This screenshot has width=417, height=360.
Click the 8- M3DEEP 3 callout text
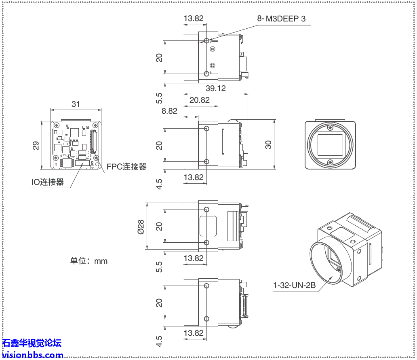(x=282, y=19)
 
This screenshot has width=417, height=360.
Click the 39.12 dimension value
(x=216, y=88)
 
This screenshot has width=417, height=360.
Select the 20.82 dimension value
(x=200, y=100)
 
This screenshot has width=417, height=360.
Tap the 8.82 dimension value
(x=169, y=111)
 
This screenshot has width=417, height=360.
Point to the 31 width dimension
(x=76, y=104)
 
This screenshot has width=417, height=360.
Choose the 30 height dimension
(x=268, y=144)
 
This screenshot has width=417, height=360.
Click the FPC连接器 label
(x=126, y=167)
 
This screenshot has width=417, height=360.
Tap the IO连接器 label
(x=48, y=182)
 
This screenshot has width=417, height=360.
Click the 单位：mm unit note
(x=89, y=261)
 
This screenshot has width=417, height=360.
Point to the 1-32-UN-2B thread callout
(x=294, y=286)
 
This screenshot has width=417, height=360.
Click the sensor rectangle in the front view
(x=331, y=145)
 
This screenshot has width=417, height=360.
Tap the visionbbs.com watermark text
(x=33, y=355)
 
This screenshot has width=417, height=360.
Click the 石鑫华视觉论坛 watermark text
(x=32, y=343)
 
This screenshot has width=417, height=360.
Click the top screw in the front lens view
(x=331, y=128)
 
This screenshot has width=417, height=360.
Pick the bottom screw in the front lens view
(x=331, y=163)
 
